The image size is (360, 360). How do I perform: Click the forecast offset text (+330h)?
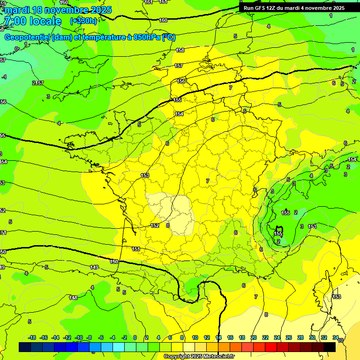pos(83,21)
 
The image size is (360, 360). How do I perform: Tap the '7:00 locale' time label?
pos(32,21)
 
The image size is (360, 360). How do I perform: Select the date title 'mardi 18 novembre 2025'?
pos(58,9)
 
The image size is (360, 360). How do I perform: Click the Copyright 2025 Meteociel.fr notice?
pos(199,357)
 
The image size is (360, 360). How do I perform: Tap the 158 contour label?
pos(180,50)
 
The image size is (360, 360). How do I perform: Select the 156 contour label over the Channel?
pos(181,81)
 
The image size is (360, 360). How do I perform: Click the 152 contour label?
pos(155,225)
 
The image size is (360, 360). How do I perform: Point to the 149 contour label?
pos(94,267)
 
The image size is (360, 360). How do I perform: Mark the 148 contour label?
pos(73,298)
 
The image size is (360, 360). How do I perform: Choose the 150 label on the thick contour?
pos(114,262)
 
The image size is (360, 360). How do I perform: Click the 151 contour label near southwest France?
pos(136,249)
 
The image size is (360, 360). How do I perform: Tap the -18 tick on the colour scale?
pos(32,337)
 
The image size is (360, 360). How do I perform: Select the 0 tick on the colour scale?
pos(135,337)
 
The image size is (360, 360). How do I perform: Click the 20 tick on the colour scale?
pos(253,337)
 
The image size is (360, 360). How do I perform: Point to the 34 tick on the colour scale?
pos(336,337)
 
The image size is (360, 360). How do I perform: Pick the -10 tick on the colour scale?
pos(79,337)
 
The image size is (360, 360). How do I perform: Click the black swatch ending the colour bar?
pos(330,347)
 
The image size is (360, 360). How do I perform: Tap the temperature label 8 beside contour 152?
pos(167,225)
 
